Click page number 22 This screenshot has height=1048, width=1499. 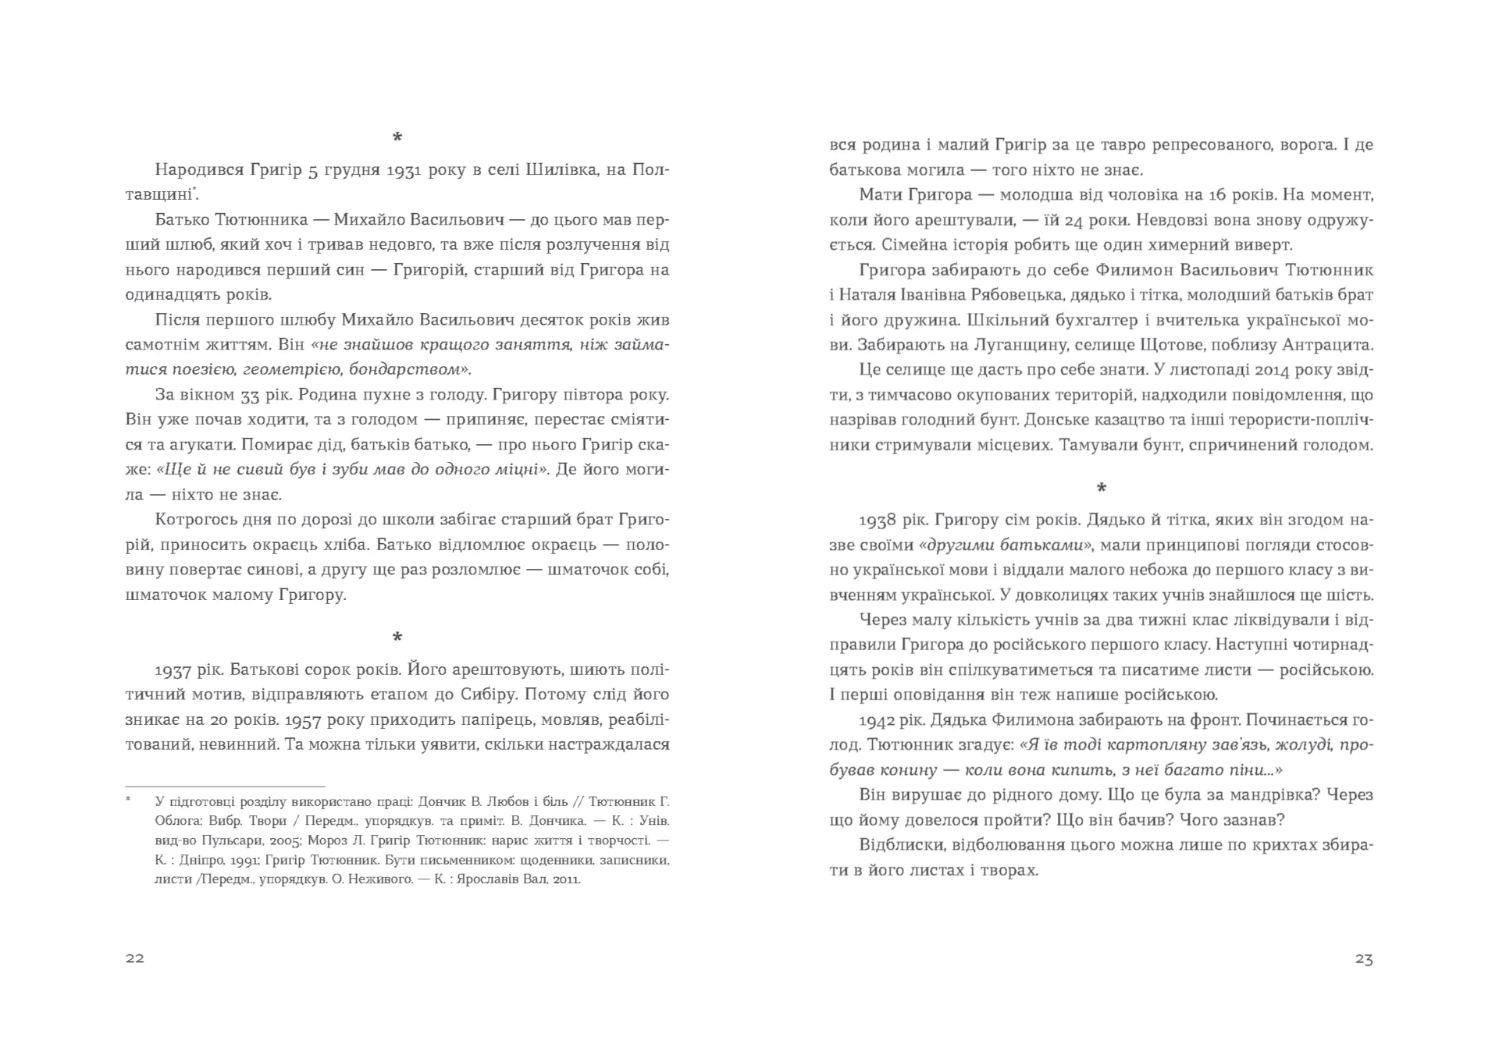coord(134,958)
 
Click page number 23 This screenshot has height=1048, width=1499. coord(1363,959)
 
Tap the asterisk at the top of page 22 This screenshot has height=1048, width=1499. coord(397,138)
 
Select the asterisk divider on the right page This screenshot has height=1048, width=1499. coord(1101,488)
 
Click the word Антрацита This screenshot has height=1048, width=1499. coord(1330,345)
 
